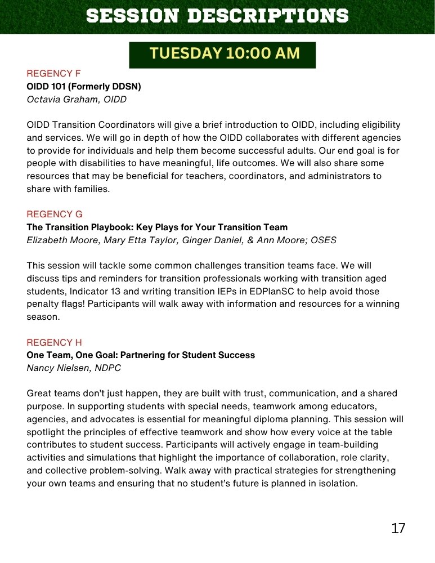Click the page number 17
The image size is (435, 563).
pyautogui.click(x=398, y=528)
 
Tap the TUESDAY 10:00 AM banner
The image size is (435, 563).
pyautogui.click(x=222, y=54)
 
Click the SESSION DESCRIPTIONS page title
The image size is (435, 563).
pyautogui.click(x=217, y=16)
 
